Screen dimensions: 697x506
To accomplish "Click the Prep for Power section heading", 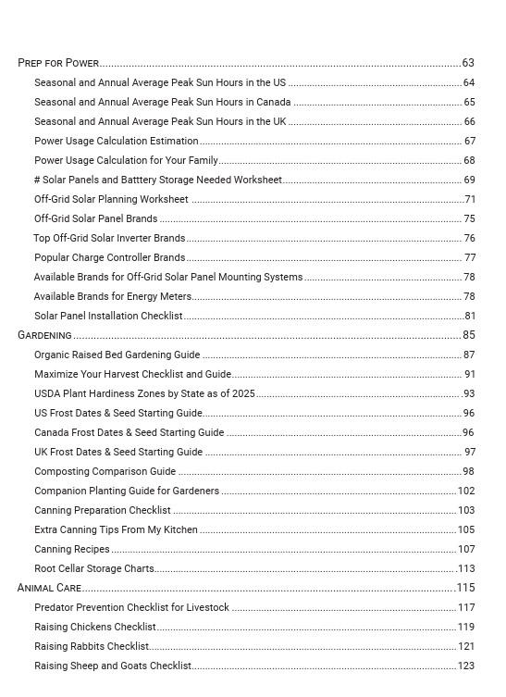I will pyautogui.click(x=58, y=63).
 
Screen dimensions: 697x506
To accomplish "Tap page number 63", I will pyautogui.click(x=468, y=63).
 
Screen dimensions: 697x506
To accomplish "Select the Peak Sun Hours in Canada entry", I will pyautogui.click(x=162, y=102).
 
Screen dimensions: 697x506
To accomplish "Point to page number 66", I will pyautogui.click(x=469, y=121).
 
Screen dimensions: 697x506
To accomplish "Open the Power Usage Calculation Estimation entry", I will pyautogui.click(x=116, y=141).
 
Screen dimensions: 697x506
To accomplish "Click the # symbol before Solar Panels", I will pyautogui.click(x=37, y=180).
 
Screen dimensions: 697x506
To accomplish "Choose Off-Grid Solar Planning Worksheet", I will pyautogui.click(x=111, y=199).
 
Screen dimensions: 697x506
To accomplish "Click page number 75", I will pyautogui.click(x=469, y=218).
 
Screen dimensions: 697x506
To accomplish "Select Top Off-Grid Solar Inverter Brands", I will pyautogui.click(x=109, y=238).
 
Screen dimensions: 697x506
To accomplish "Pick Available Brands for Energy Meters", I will pyautogui.click(x=112, y=296).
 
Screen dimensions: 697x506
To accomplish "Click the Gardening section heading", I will pyautogui.click(x=44, y=335).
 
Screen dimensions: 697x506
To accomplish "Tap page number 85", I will pyautogui.click(x=469, y=335).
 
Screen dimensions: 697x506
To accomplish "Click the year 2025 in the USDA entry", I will pyautogui.click(x=243, y=393).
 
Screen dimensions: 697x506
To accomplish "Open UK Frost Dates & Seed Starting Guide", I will pyautogui.click(x=118, y=452).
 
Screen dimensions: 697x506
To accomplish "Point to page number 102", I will pyautogui.click(x=466, y=491).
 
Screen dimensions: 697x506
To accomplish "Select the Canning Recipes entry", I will pyautogui.click(x=72, y=549).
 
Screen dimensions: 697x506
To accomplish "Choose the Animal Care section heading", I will pyautogui.click(x=49, y=588).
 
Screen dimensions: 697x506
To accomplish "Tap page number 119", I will pyautogui.click(x=466, y=627).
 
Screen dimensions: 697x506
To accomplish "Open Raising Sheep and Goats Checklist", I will pyautogui.click(x=112, y=666).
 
